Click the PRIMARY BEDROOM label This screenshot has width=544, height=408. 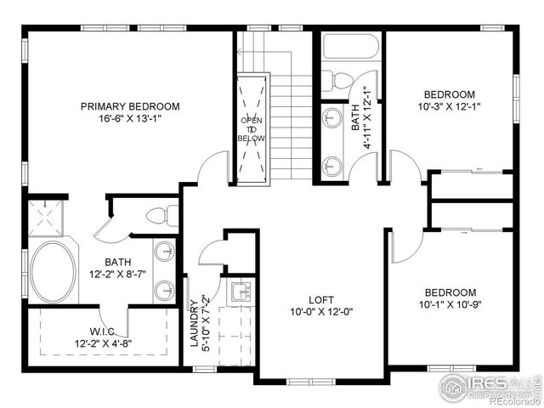click(x=130, y=106)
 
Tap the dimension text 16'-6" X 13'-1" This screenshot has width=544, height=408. click(x=130, y=119)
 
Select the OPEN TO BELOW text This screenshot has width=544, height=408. click(x=252, y=128)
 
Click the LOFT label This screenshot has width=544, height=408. click(x=320, y=299)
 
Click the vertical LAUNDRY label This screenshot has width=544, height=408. click(x=194, y=323)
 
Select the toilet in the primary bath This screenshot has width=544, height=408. click(x=161, y=215)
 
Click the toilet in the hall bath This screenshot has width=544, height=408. click(x=342, y=81)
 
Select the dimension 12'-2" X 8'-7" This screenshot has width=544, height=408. click(x=116, y=275)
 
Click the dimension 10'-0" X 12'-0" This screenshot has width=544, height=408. click(x=320, y=312)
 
